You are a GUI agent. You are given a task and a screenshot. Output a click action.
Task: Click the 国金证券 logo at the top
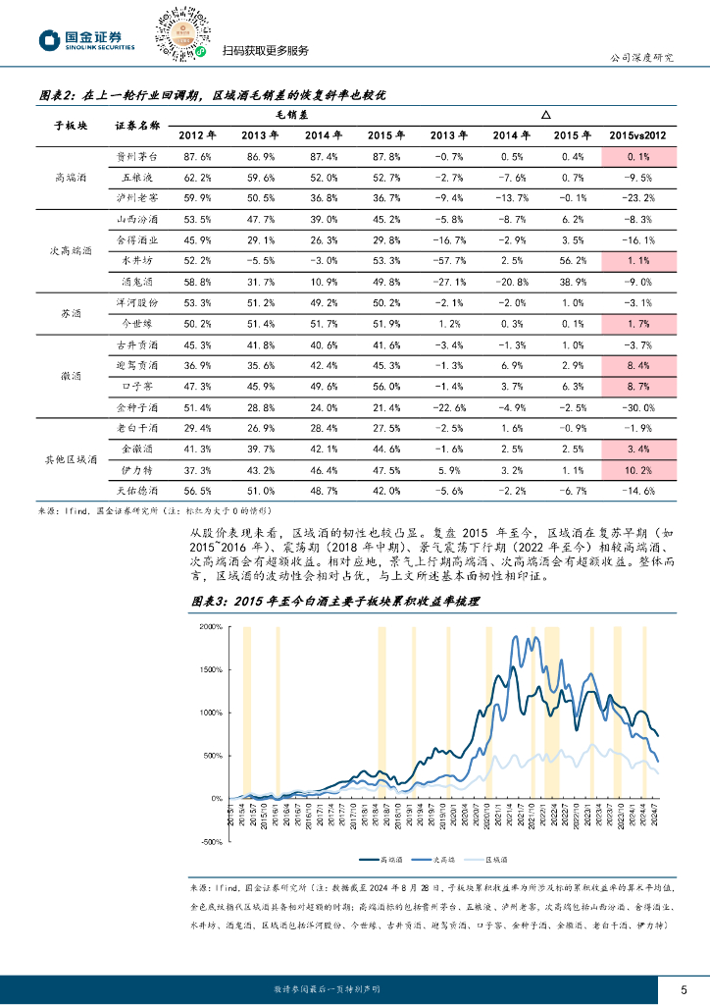(85, 39)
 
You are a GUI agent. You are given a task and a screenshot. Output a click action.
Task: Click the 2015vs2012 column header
(638, 135)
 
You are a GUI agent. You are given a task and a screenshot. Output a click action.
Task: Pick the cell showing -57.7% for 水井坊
(447, 261)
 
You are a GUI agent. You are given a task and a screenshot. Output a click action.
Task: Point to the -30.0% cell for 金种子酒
(639, 406)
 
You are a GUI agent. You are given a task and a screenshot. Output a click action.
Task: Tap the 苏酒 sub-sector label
(71, 313)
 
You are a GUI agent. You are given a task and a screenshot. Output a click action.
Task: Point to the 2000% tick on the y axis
(211, 626)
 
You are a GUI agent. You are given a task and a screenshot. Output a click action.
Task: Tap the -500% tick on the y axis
(211, 842)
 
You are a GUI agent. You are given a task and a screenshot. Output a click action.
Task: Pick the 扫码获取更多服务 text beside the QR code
(265, 52)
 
